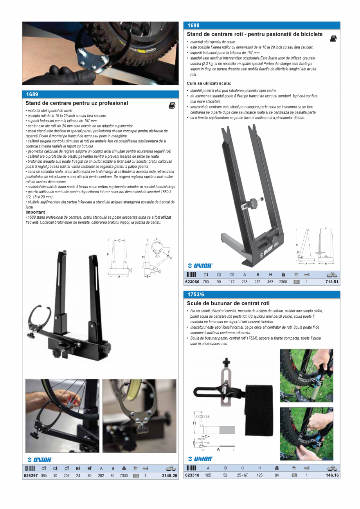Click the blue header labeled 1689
tap(32, 94)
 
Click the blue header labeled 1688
tap(193, 25)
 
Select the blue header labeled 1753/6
tap(196, 294)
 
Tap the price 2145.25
tap(169, 476)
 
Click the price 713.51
tap(332, 282)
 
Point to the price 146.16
tap(332, 475)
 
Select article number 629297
tap(31, 476)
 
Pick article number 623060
tap(192, 282)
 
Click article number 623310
tap(192, 475)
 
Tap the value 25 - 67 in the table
tap(242, 475)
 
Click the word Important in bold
tap(35, 212)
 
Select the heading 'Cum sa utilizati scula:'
tap(209, 83)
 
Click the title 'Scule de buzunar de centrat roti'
tap(228, 304)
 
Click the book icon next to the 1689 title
tap(172, 106)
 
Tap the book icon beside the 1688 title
tap(333, 39)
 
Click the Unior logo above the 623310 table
tap(200, 459)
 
